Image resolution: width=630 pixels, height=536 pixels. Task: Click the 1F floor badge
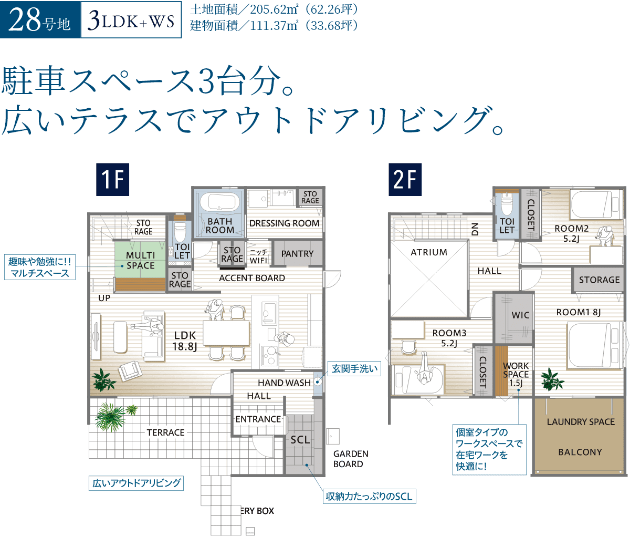(112, 179)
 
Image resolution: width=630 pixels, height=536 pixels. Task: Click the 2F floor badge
(404, 179)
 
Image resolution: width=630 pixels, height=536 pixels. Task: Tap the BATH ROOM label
(220, 225)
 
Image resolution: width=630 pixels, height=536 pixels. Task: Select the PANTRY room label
(297, 254)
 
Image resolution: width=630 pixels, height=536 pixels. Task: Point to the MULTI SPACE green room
(140, 261)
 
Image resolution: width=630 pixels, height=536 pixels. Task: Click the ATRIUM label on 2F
(429, 252)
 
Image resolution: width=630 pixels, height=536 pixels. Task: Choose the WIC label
(520, 315)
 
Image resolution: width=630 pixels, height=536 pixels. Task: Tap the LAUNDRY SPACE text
(581, 421)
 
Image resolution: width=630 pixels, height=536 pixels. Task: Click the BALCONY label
(580, 452)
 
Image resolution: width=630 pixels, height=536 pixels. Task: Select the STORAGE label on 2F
(599, 280)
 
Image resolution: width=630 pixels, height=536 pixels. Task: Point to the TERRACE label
(165, 432)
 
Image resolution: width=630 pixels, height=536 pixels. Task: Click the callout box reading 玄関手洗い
(354, 368)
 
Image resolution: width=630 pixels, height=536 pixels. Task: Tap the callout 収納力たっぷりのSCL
(369, 496)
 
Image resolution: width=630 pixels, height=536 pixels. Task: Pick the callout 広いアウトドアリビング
(136, 483)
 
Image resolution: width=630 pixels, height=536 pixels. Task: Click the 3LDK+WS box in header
(131, 20)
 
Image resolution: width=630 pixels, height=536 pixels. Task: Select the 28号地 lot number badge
(40, 20)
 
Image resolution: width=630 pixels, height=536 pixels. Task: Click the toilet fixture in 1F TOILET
(180, 231)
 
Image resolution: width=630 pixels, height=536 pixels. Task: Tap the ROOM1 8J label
(578, 312)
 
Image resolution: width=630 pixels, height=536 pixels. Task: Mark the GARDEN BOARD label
(351, 459)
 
